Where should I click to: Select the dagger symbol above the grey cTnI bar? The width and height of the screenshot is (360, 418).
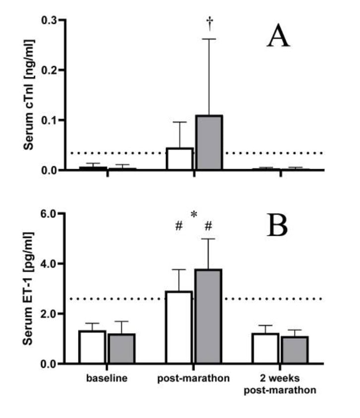coord(209,22)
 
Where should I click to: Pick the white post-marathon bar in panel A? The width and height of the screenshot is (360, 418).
coord(180,159)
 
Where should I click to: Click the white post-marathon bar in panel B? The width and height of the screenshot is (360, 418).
coord(180,328)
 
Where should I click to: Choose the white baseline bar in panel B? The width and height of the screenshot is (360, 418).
coord(92,347)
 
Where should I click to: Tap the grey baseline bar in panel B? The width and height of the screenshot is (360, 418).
coord(122,348)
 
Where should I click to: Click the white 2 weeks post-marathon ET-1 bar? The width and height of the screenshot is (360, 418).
coord(266,348)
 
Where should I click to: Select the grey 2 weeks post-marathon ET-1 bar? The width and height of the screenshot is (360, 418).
coord(295,350)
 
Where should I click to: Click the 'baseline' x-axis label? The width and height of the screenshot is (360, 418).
coord(107,379)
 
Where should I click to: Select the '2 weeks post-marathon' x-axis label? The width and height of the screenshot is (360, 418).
coord(280,384)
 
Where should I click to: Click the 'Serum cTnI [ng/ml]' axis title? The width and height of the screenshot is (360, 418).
coord(30,94)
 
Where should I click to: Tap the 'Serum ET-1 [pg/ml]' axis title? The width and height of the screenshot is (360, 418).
coord(30,288)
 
